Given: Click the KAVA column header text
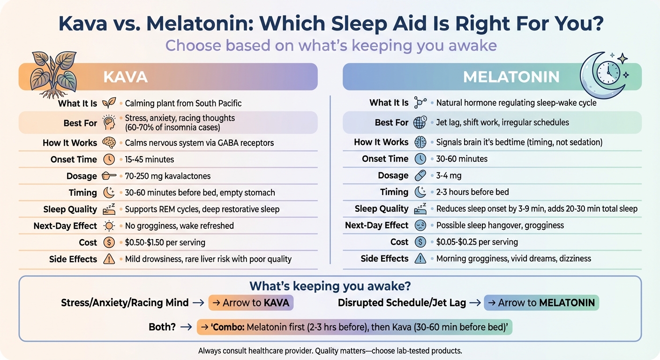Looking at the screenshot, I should point(125,77).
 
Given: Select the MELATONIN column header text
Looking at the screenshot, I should point(511,77).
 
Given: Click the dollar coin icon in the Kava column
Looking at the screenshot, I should point(109,242).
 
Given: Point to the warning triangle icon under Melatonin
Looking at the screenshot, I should point(420,258).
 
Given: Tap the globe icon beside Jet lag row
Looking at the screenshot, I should point(420,122).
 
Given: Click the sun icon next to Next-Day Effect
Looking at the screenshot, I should point(109,225).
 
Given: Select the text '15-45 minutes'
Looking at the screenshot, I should point(149,159).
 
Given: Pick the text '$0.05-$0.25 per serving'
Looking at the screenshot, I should point(477,242).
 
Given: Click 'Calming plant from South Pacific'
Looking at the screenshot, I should point(183,103).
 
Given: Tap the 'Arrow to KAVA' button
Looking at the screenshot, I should point(251,303).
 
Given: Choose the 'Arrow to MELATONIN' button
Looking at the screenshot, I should point(541,303).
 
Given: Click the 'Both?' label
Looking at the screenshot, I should point(162,327).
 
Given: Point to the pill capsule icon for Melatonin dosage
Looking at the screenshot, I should point(420,176).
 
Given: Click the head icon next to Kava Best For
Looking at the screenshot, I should point(109,123).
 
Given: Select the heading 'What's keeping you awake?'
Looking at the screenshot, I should point(330,286).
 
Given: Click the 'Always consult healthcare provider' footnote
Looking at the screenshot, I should point(330,351).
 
